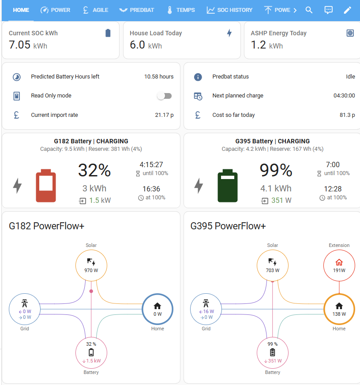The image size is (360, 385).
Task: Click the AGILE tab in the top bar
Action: [96, 10]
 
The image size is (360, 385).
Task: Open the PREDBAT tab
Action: [136, 10]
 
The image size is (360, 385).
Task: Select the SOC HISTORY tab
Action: [229, 10]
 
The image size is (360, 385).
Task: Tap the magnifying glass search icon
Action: [309, 10]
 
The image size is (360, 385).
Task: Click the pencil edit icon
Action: [348, 10]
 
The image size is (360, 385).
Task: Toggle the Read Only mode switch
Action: [165, 96]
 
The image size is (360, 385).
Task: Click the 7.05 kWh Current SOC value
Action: [28, 45]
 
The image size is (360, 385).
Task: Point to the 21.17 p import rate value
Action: [164, 115]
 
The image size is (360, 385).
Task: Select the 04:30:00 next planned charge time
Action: [344, 96]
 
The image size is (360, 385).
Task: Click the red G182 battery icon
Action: [46, 186]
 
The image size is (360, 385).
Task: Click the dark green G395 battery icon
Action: [228, 186]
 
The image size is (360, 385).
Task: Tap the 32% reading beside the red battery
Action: [94, 170]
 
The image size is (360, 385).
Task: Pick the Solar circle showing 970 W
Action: [91, 265]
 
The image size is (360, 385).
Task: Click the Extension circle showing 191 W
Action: [339, 265]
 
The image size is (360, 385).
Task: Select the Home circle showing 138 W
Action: [339, 309]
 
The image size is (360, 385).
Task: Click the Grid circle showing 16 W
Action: [206, 309]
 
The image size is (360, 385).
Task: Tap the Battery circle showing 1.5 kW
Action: [91, 353]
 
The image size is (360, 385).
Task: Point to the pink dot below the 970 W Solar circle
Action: [91, 291]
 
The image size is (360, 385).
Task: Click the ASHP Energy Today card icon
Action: [350, 33]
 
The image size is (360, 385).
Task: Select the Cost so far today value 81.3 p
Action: [347, 115]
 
